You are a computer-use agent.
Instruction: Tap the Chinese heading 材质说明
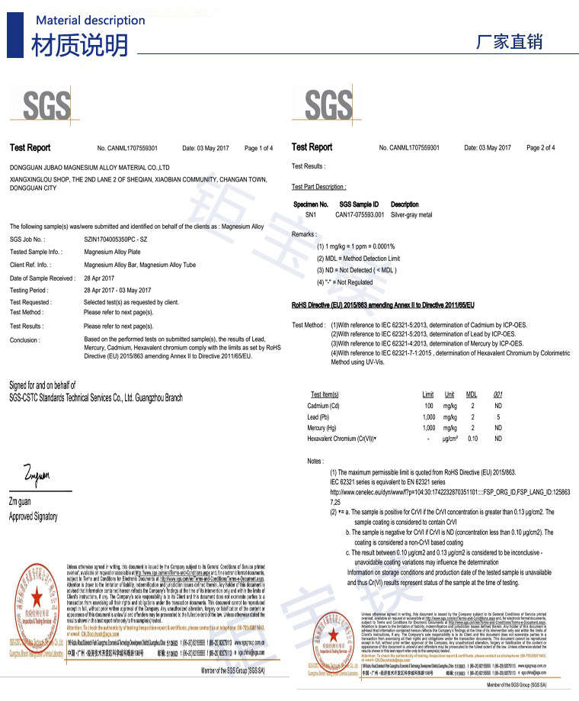point(79,47)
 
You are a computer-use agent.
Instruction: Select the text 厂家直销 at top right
point(509,42)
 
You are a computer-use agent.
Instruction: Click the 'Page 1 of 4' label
point(258,148)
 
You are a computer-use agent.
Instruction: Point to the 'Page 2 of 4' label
point(540,148)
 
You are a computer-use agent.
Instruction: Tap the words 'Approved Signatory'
point(33,516)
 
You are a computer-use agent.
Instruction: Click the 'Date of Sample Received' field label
point(43,278)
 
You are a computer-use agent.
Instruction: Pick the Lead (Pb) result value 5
point(497,417)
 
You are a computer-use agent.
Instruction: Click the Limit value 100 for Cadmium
point(428,406)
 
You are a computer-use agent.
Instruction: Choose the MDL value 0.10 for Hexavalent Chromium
point(472,439)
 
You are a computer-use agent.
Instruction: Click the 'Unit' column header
point(449,394)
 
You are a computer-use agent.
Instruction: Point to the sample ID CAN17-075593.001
point(360,215)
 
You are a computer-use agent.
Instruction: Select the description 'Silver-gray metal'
point(411,215)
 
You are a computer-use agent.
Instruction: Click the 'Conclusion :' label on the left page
point(26,340)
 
